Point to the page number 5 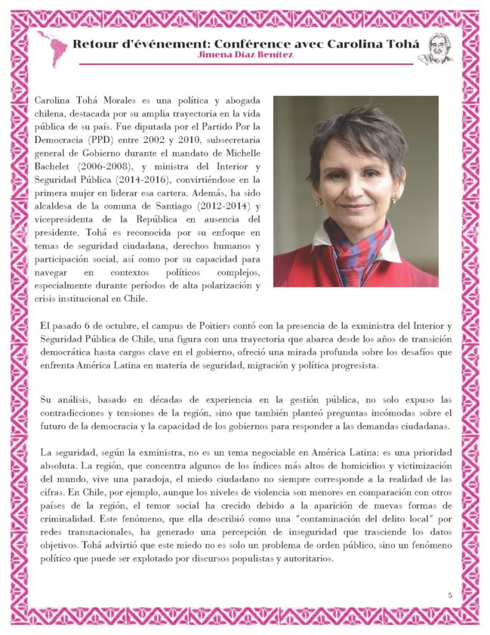[x=449, y=595]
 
